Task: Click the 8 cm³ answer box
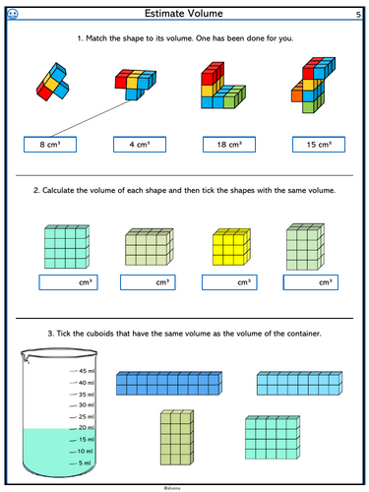[50, 145]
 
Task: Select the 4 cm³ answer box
[140, 145]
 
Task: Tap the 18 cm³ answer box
[229, 145]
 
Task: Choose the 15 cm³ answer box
[319, 145]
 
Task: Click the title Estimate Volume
[184, 14]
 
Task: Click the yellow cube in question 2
[231, 247]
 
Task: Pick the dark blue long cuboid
[169, 383]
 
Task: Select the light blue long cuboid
[299, 383]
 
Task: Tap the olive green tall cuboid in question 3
[177, 437]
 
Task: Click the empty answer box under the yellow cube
[229, 282]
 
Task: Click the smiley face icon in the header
[13, 14]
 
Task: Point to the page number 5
[358, 15]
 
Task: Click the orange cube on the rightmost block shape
[296, 93]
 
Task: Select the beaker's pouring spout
[25, 357]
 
